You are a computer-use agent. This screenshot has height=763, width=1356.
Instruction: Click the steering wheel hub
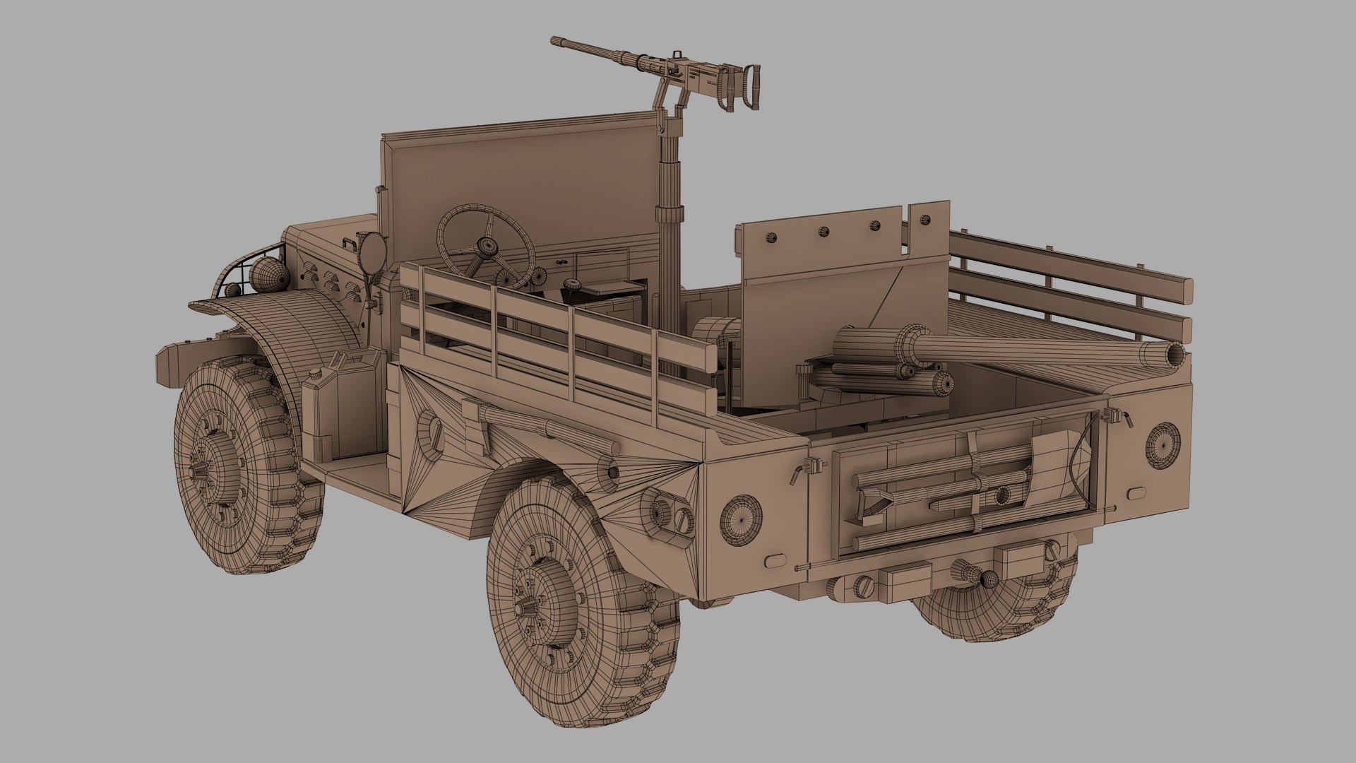(487, 247)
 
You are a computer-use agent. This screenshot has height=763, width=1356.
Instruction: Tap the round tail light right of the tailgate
(1161, 444)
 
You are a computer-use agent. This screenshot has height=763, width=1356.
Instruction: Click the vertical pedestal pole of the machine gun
(665, 233)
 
